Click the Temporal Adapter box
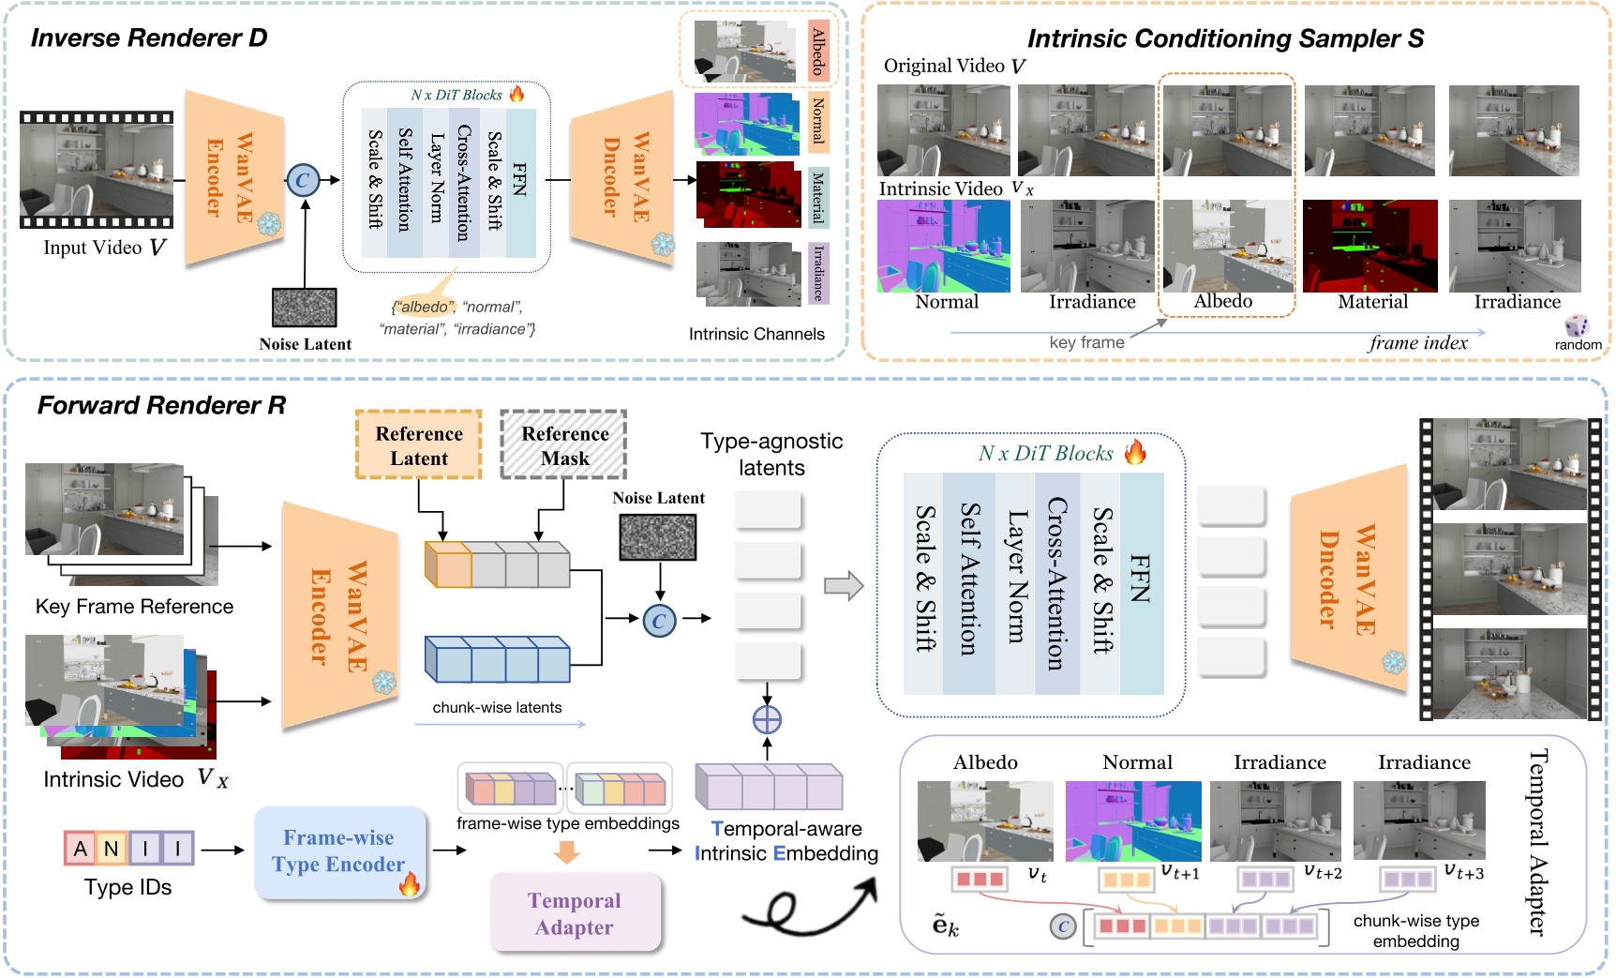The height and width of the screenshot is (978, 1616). pos(575,913)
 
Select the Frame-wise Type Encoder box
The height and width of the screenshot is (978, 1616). pos(338,851)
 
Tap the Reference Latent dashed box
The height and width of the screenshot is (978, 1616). pos(419,445)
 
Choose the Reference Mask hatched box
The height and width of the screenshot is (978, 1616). pos(564,445)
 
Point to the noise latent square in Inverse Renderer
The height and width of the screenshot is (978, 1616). pos(305,308)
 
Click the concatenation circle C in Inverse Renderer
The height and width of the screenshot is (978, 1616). pos(303,180)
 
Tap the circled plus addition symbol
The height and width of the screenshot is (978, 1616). pos(767,720)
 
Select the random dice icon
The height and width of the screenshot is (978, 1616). pos(1577,325)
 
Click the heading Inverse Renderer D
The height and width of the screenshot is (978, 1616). pos(149,38)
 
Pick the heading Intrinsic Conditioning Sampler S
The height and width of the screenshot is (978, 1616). pos(1225,38)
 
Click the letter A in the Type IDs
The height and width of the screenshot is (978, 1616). pos(81,849)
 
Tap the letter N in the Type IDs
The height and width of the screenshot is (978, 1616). pos(112,849)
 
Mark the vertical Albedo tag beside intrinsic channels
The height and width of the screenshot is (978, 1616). pos(817,52)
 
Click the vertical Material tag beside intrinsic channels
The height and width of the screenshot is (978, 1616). pos(817,197)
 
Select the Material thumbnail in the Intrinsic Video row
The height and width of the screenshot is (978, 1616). pos(1369,246)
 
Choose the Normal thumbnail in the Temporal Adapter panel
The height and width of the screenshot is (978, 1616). pos(1133,821)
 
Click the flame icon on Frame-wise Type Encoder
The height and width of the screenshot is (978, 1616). pos(410,883)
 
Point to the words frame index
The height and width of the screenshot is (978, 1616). pos(1418,343)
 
